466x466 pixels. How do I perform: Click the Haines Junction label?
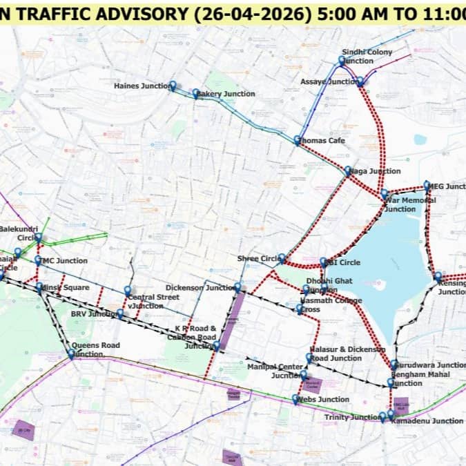(x=141, y=86)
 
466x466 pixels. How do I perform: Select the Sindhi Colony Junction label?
(x=367, y=57)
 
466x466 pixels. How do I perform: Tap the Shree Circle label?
(x=257, y=258)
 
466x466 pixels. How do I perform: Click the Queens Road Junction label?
(x=95, y=349)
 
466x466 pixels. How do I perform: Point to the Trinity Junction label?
(x=351, y=418)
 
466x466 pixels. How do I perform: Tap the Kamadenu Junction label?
(x=428, y=421)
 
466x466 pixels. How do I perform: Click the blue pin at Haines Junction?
(x=173, y=86)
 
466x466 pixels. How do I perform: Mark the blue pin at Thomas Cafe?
(x=298, y=140)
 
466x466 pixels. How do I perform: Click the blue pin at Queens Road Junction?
(x=71, y=353)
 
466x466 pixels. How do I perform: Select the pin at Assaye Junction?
(x=360, y=81)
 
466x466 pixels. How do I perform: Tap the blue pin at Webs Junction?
(x=296, y=398)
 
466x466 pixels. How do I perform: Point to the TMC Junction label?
(x=64, y=261)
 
